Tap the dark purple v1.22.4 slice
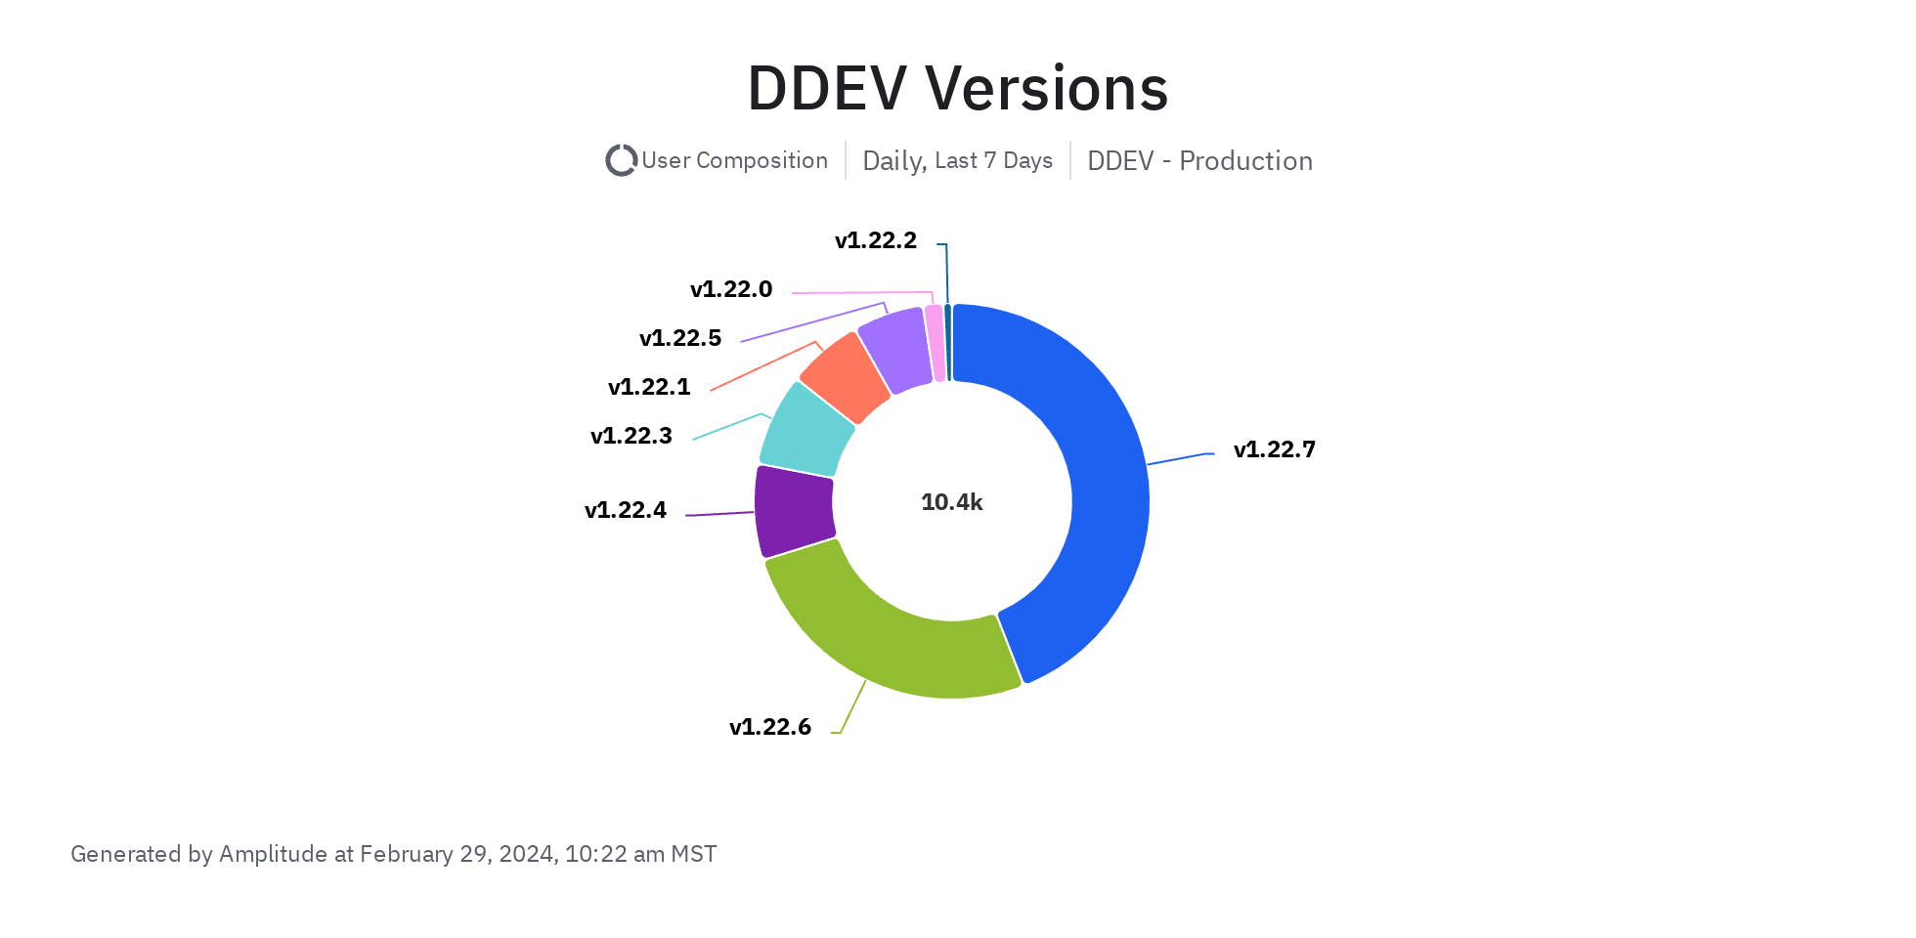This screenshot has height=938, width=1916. (x=794, y=511)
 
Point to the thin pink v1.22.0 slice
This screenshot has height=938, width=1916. (x=936, y=342)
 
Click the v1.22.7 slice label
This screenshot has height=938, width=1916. (x=1274, y=449)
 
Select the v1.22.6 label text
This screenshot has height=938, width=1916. (x=770, y=727)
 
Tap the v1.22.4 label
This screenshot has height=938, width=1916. (x=626, y=510)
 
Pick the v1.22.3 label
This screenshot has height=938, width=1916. (x=631, y=436)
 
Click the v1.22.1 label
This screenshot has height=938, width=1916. (x=649, y=387)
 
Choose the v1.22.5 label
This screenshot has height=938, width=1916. (x=680, y=338)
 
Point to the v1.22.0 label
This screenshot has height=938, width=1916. (x=731, y=289)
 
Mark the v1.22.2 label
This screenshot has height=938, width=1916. (x=876, y=240)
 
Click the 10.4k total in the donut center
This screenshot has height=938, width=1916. (x=952, y=502)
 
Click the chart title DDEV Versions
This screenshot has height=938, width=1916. (x=958, y=88)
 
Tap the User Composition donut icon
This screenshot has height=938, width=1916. (x=621, y=160)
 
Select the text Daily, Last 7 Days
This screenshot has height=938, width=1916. (x=958, y=160)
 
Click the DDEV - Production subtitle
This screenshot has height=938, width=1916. (x=1199, y=160)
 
